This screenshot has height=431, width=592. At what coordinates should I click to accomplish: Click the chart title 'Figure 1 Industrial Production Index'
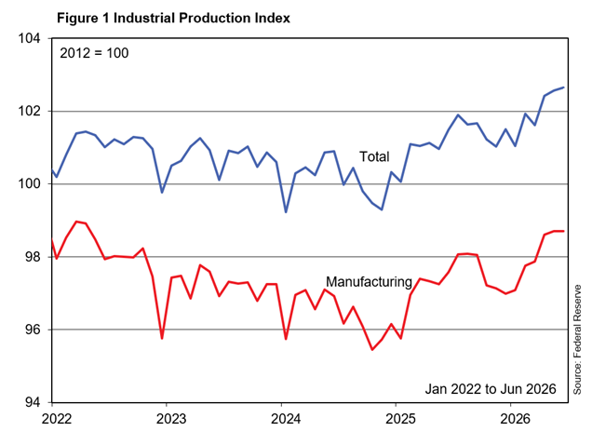click(173, 18)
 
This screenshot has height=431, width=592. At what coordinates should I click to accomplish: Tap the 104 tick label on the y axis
click(30, 38)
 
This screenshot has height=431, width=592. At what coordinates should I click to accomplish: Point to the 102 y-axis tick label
click(30, 111)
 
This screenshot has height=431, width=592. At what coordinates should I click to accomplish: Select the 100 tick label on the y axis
click(30, 184)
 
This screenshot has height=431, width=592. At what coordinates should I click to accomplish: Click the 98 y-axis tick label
click(34, 257)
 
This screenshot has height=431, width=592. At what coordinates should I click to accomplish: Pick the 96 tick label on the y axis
click(34, 330)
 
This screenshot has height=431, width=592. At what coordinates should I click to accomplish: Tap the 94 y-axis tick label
click(34, 403)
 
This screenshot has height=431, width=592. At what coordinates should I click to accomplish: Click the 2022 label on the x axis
click(57, 419)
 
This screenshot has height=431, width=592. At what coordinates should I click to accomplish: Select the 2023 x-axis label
click(171, 419)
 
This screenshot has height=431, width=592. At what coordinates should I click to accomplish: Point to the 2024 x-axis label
click(286, 419)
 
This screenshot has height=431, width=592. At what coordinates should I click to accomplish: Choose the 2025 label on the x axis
click(400, 419)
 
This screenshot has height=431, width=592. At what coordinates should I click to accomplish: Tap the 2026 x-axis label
click(516, 419)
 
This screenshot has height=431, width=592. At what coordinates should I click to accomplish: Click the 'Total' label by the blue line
click(374, 156)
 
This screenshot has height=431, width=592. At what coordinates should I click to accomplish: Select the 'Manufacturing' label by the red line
click(369, 282)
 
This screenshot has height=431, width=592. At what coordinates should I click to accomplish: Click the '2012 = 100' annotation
click(94, 53)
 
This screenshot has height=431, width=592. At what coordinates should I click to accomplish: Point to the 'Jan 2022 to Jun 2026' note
click(491, 389)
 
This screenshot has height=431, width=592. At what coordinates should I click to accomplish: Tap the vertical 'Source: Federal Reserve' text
click(577, 340)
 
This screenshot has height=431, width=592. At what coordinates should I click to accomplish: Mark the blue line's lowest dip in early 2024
click(286, 212)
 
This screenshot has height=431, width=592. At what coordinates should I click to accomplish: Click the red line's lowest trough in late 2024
click(372, 350)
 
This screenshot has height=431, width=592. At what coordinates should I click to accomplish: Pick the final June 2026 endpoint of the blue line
click(563, 88)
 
